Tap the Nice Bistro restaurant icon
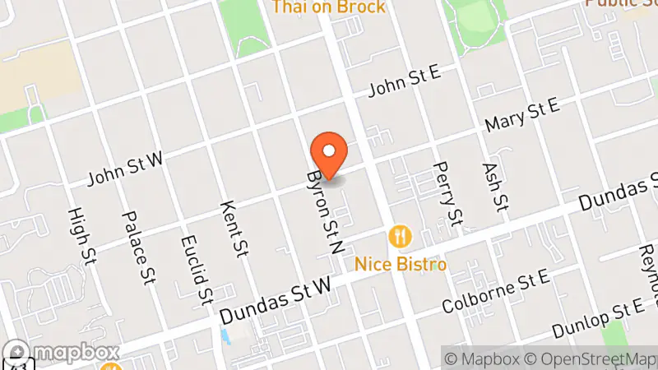(x=401, y=237)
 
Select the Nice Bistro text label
(x=401, y=264)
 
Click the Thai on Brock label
(x=328, y=7)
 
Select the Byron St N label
(x=323, y=212)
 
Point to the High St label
(x=80, y=236)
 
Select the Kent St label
(x=235, y=228)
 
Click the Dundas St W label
(x=276, y=299)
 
